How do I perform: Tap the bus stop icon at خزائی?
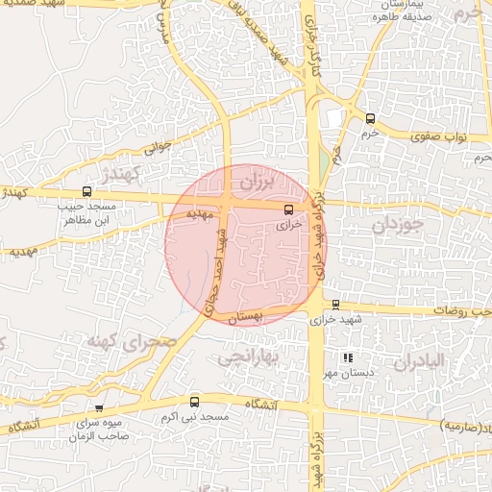[x=288, y=209]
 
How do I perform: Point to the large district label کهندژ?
[x=122, y=174]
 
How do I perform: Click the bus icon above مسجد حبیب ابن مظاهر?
[x=87, y=192]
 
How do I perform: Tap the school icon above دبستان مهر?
[x=348, y=357]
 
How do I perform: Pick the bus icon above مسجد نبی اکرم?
[x=195, y=403]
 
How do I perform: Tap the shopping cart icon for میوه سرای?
[x=99, y=408]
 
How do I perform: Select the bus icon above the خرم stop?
[x=371, y=118]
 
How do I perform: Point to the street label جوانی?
[x=157, y=148]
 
